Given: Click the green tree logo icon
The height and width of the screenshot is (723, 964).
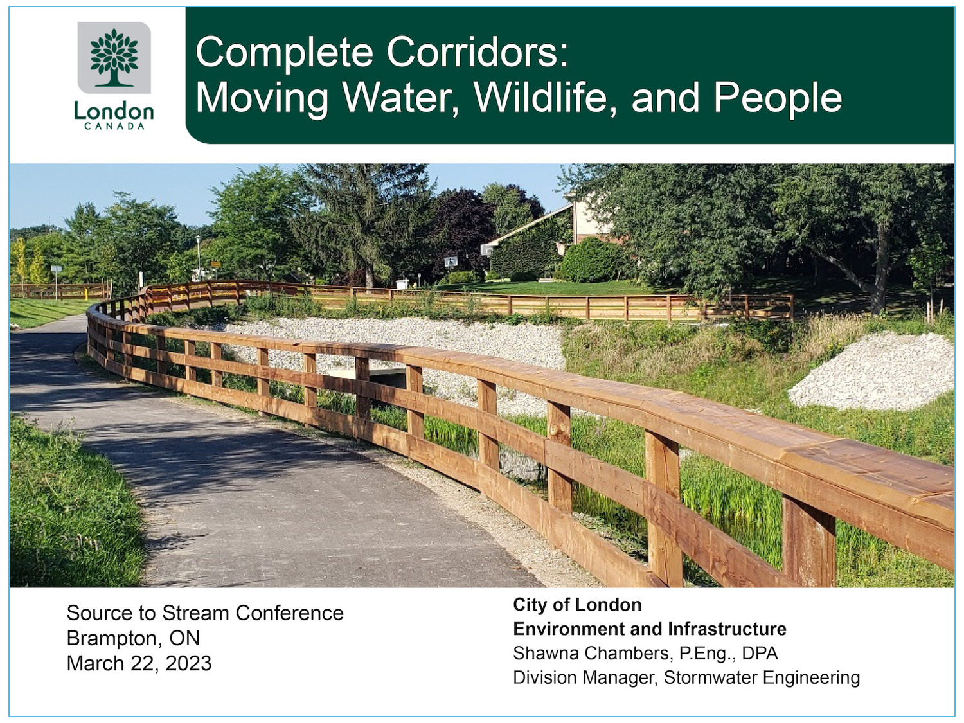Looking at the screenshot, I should point(114,57).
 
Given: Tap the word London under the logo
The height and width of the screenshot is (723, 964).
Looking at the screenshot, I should point(114,111).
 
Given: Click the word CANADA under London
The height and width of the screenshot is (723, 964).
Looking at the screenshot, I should point(114,127).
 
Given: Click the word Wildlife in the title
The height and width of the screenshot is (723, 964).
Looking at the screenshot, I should point(545,98).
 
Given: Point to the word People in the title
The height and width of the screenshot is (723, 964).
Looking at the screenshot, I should point(778,98).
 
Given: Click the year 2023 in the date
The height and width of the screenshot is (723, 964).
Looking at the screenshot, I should point(188,663).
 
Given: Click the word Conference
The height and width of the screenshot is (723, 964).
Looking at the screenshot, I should point(289,613).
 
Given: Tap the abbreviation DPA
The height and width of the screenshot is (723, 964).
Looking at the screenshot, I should point(760,654).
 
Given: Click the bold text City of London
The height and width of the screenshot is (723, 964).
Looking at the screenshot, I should point(577,605).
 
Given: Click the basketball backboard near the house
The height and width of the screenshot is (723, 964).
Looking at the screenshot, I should point(451,262).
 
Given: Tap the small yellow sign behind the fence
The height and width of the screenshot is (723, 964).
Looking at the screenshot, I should point(215,264).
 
